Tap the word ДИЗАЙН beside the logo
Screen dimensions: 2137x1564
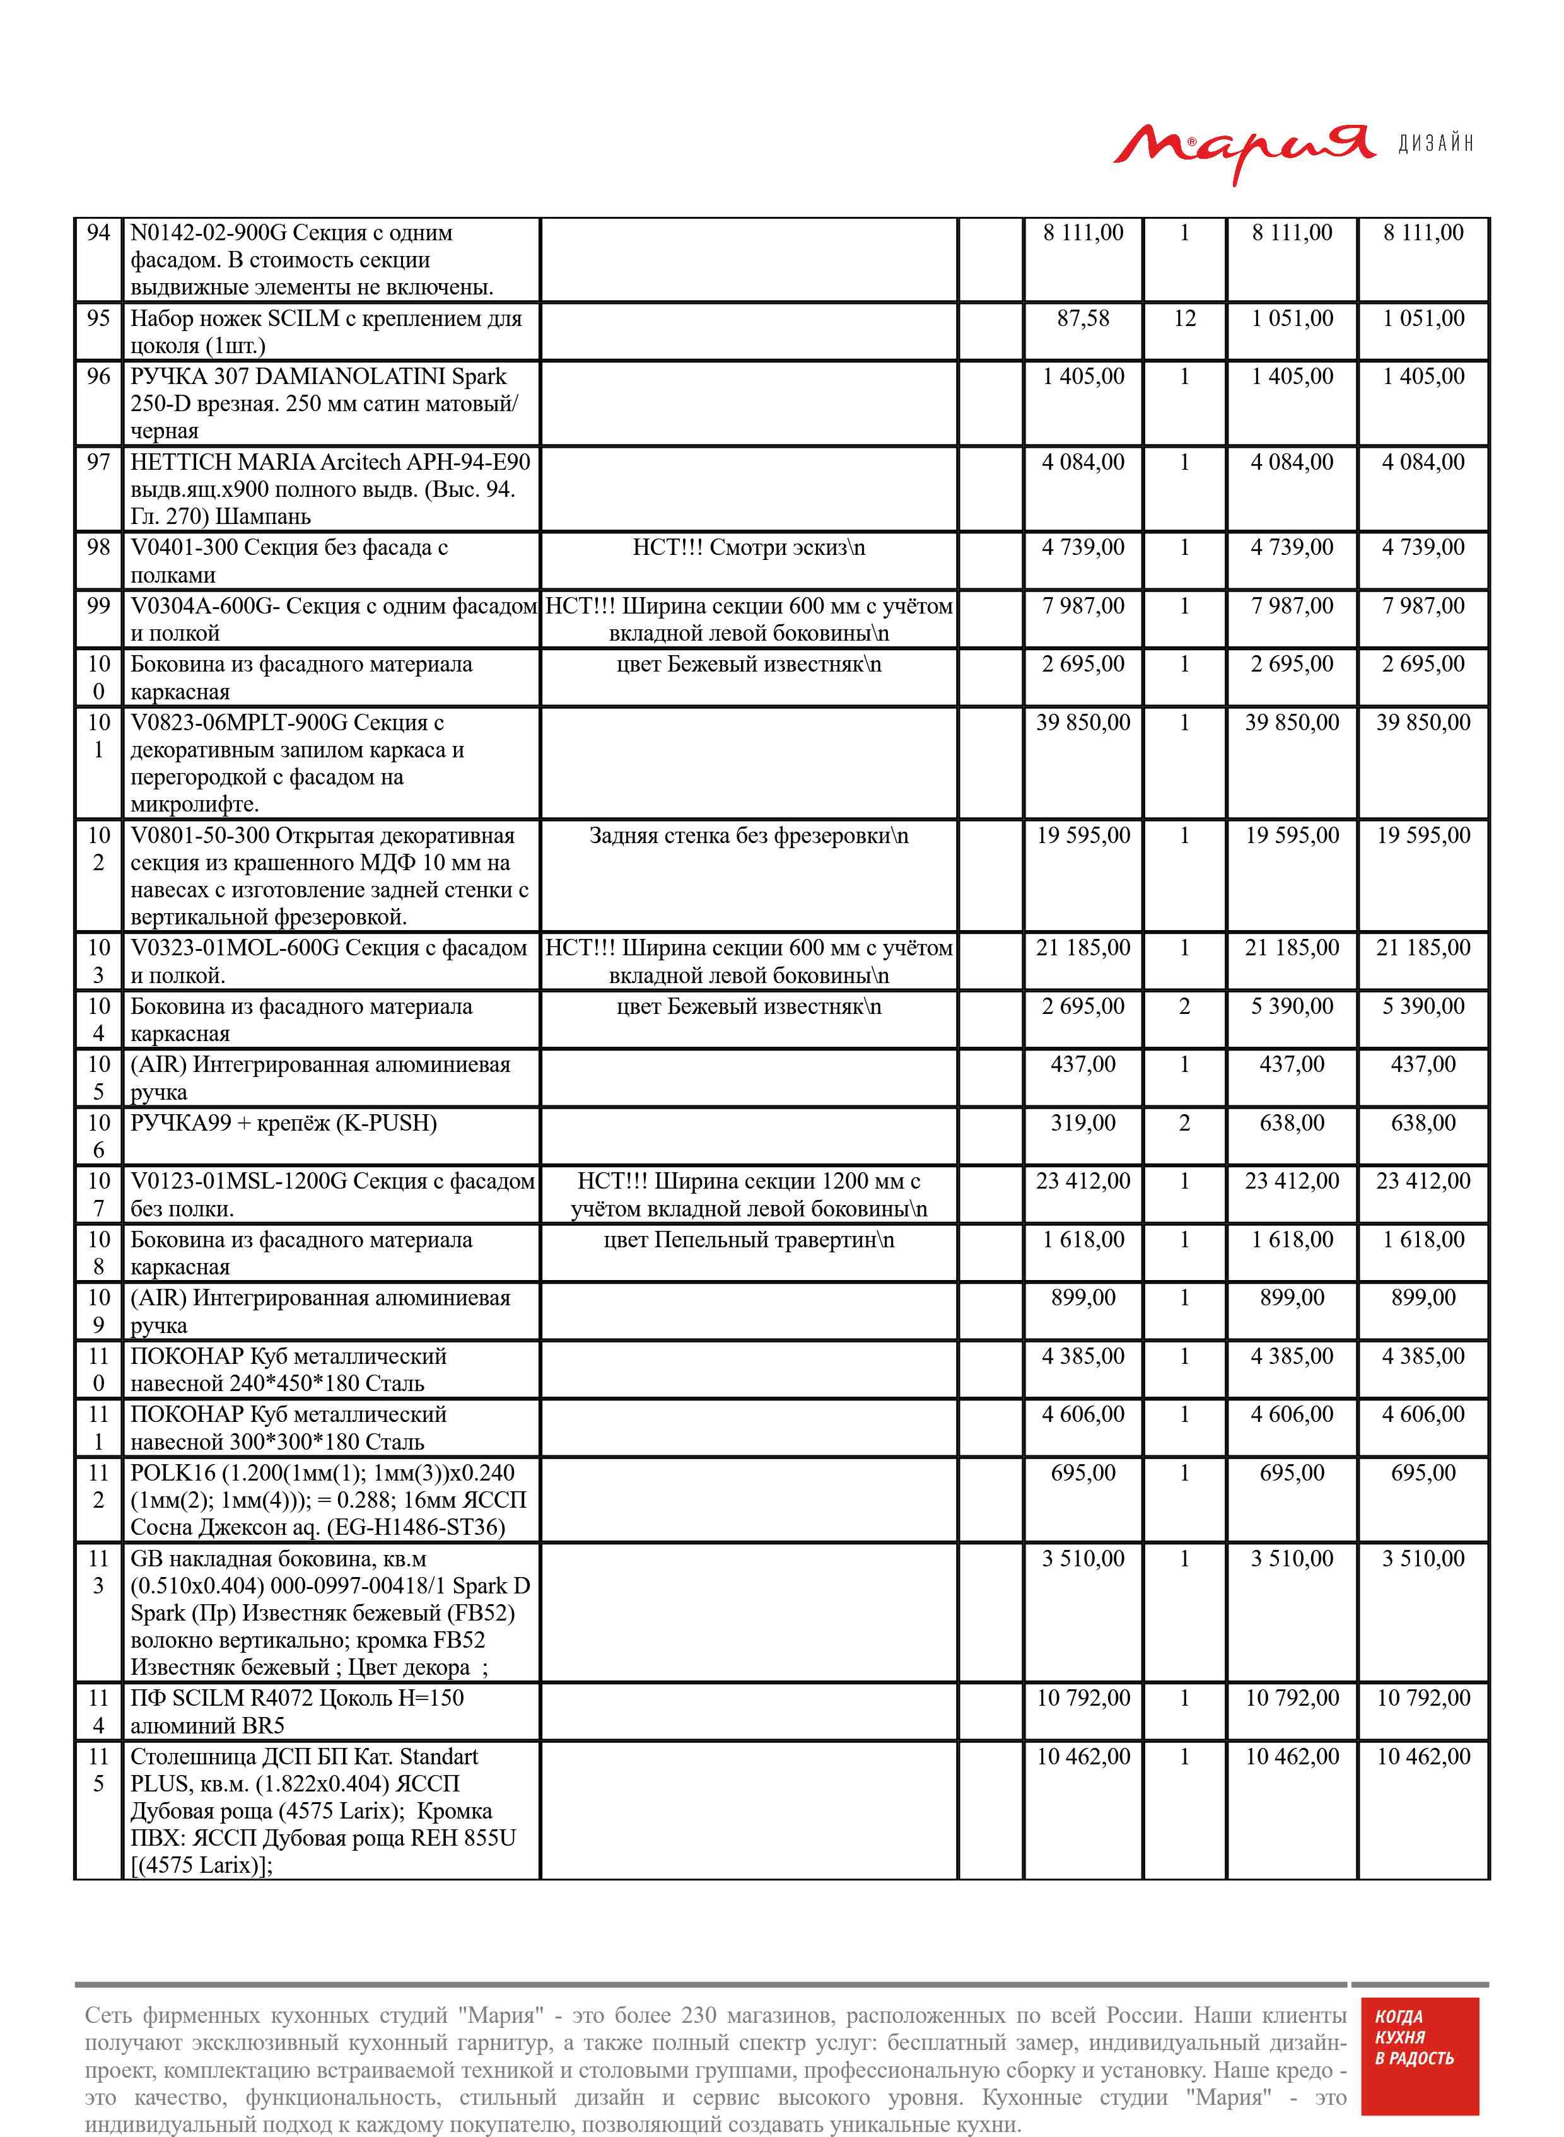(x=1435, y=144)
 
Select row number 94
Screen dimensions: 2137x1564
(x=98, y=233)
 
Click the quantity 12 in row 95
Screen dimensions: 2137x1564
(x=1184, y=319)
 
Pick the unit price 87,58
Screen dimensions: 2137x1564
(x=1083, y=319)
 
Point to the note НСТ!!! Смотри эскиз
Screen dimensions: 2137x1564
(x=748, y=548)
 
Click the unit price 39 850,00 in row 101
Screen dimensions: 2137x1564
(x=1083, y=723)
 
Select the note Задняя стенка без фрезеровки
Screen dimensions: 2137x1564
(x=748, y=836)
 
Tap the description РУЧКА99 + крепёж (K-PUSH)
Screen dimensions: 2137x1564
(x=283, y=1124)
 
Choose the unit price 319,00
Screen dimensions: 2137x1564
(x=1083, y=1124)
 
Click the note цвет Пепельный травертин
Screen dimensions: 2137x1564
(x=748, y=1240)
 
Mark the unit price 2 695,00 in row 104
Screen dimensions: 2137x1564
(x=1083, y=1007)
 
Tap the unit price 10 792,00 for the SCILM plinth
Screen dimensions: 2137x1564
(x=1083, y=1698)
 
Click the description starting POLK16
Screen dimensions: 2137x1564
(x=327, y=1500)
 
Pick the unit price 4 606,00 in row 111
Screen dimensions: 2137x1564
(x=1083, y=1415)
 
